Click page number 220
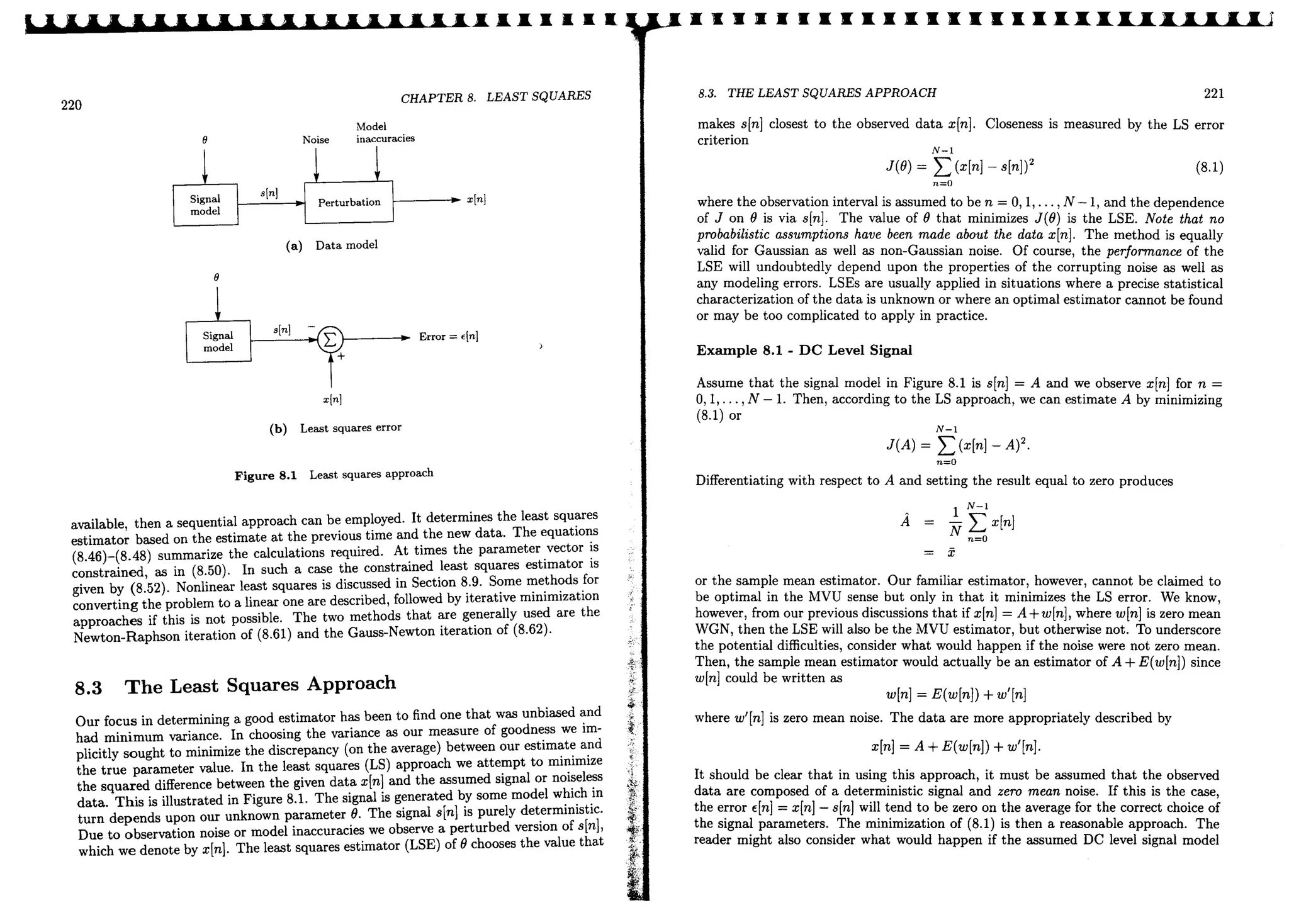(71, 105)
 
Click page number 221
(1213, 94)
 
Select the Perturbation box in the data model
(349, 202)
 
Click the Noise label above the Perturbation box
(315, 140)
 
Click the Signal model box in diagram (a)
(205, 205)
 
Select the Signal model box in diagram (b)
(218, 342)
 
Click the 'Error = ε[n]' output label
(448, 337)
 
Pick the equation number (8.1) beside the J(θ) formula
(1209, 167)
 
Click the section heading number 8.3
(88, 688)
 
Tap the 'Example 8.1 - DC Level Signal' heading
(804, 351)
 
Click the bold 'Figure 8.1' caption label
(265, 476)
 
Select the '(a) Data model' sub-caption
(332, 245)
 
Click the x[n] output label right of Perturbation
(476, 199)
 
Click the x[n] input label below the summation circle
(332, 400)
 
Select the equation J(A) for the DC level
(957, 445)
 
